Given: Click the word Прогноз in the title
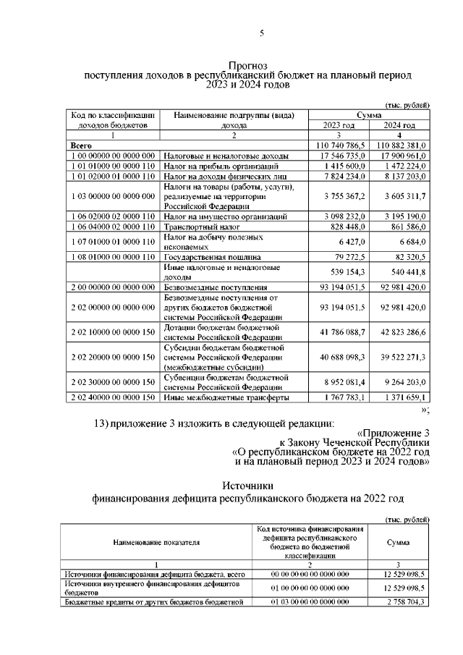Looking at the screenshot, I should [x=249, y=65].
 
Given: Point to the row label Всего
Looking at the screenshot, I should [x=80, y=145].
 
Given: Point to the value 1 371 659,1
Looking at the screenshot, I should [x=404, y=397].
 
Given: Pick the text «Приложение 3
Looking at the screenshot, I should [x=393, y=433].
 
